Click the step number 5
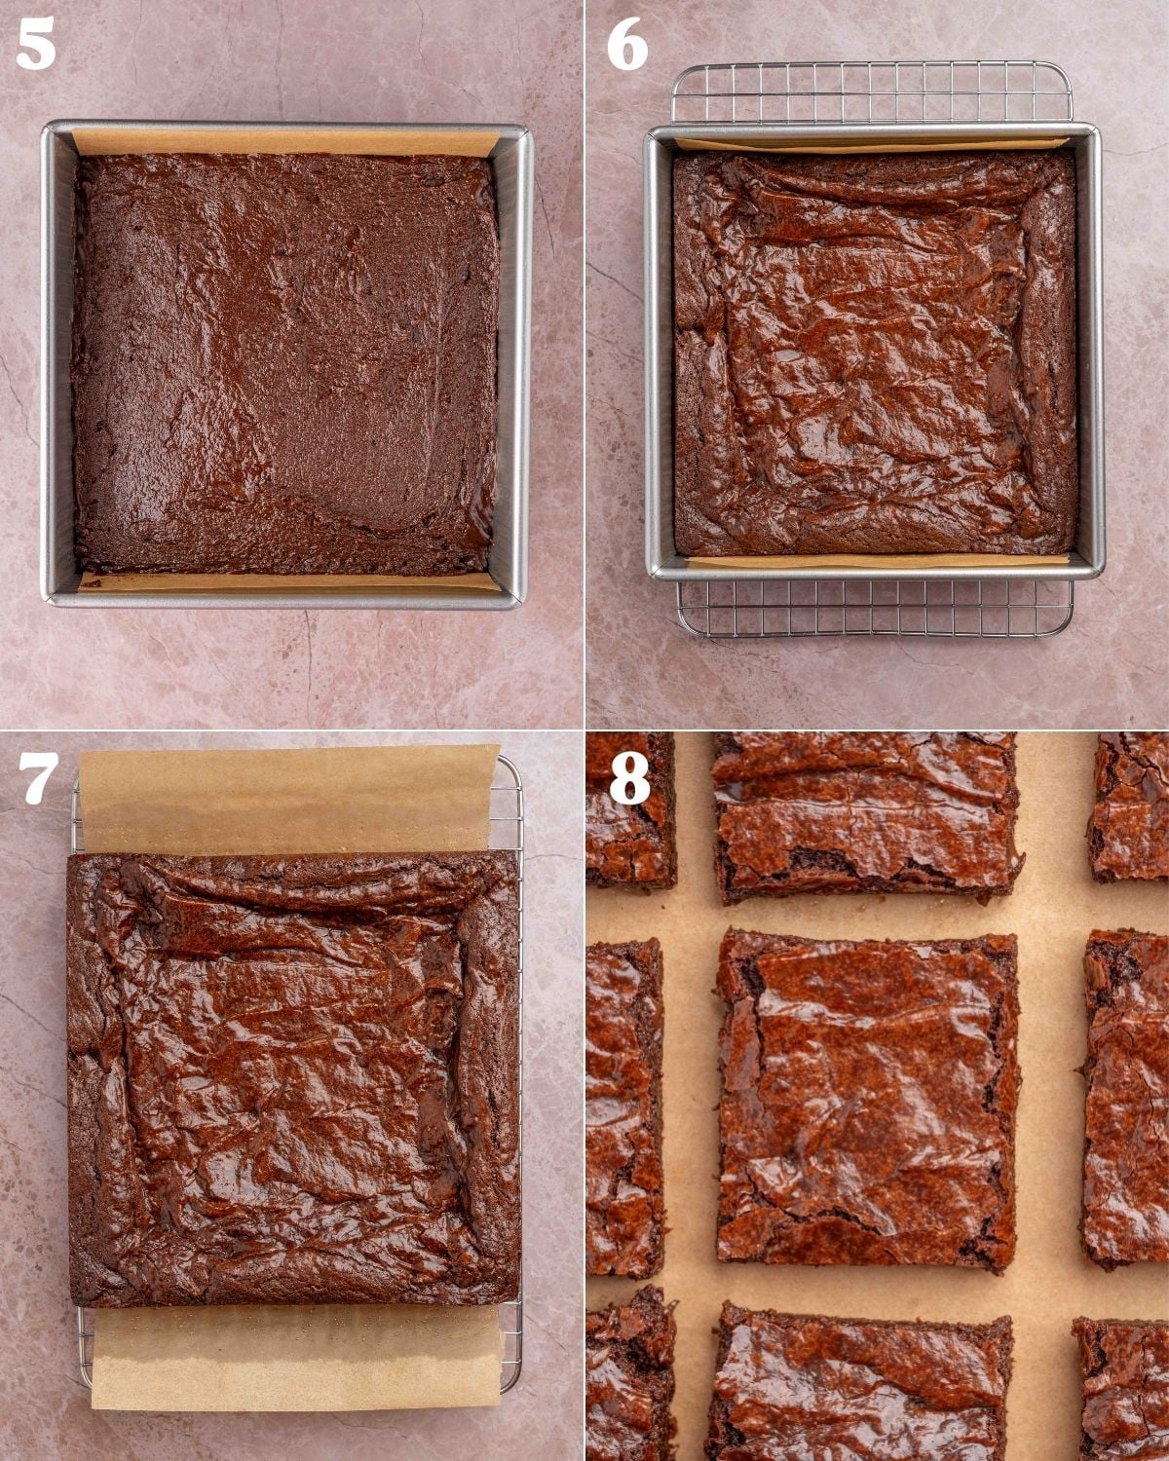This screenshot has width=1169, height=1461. coord(36,46)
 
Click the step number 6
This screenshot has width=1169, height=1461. coord(626,46)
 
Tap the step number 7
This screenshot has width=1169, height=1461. coord(37,778)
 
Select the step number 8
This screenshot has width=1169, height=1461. coord(628,778)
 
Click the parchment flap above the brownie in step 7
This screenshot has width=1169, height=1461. coord(288,799)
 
